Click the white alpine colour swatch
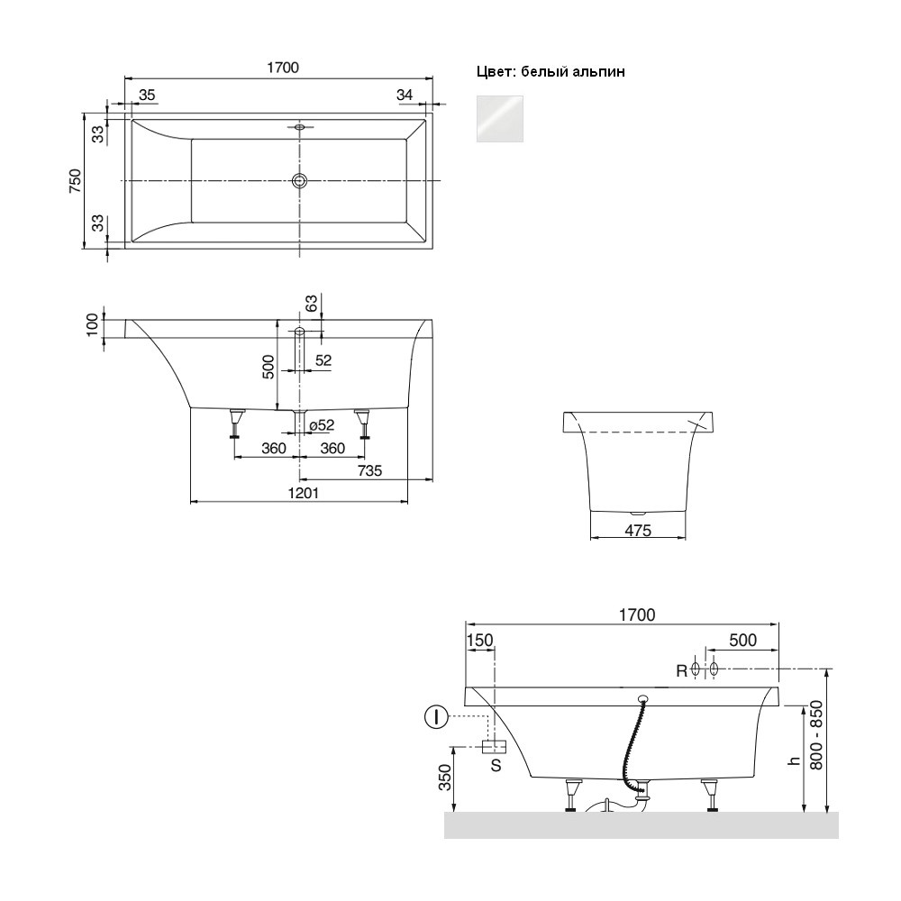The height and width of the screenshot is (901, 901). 499,119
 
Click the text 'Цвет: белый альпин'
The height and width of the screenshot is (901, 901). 551,72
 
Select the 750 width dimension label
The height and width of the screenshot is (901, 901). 76,181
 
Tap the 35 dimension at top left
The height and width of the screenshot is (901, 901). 147,95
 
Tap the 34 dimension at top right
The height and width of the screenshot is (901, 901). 405,95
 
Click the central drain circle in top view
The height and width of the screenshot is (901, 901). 299,181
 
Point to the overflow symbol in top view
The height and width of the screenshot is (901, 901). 299,126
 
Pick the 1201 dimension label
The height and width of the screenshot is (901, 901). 303,493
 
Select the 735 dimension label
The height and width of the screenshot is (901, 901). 369,470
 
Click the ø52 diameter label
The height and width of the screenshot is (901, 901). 322,425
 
